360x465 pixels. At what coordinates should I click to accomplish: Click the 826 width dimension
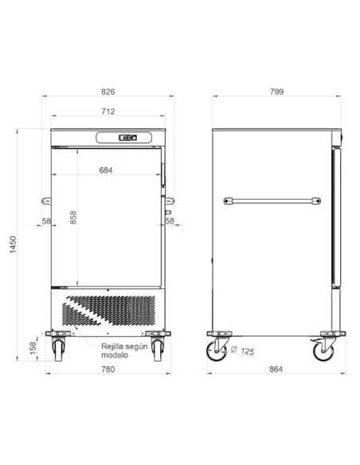pos(108,92)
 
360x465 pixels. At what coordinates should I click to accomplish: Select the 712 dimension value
pos(108,111)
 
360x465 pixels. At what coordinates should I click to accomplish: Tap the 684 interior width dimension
pos(106,170)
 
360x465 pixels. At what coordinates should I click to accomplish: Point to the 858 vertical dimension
pos(73,217)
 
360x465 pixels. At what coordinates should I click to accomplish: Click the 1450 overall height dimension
pos(14,244)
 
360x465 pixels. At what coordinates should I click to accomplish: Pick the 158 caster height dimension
pos(33,348)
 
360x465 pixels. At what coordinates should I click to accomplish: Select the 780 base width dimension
pos(108,369)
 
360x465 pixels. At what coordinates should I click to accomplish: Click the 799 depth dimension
pos(276,92)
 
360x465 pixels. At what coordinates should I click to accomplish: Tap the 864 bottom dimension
pos(276,369)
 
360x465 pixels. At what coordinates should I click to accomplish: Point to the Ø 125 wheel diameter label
pos(242,351)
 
